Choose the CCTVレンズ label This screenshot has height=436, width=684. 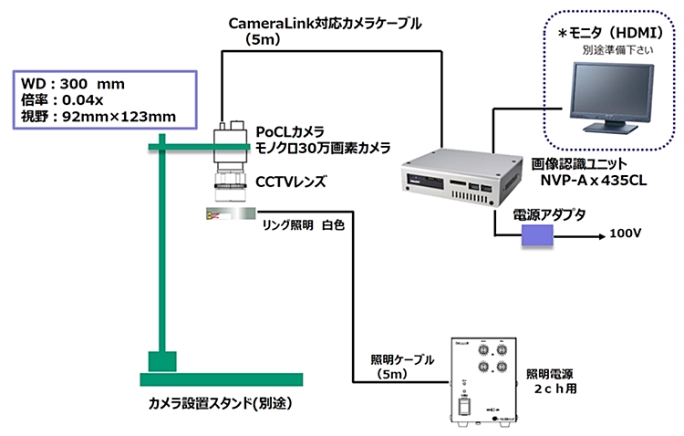(290, 183)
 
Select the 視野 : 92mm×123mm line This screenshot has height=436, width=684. (97, 116)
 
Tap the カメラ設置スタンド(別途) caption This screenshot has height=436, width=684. (223, 402)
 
